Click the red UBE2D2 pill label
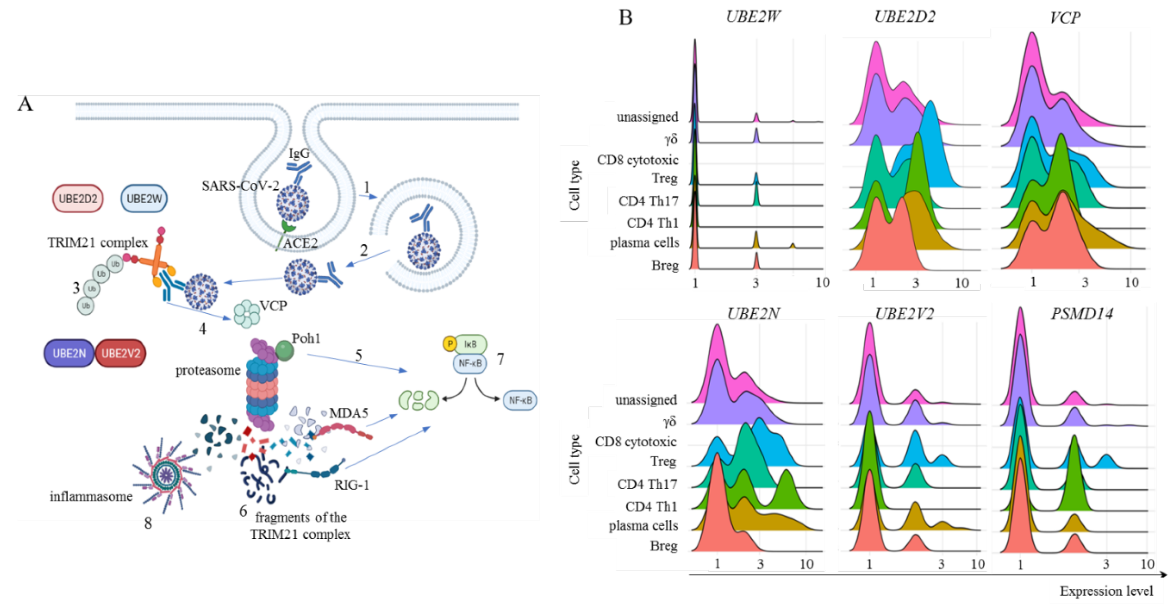[x=78, y=199]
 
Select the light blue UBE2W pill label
[x=144, y=199]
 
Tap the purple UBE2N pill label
[x=69, y=353]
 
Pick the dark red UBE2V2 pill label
[x=120, y=353]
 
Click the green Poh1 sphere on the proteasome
[x=285, y=351]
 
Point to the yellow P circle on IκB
[x=450, y=344]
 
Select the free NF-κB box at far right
[x=520, y=400]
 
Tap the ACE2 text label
[x=300, y=243]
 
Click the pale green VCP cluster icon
[x=247, y=314]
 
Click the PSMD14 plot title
[x=1082, y=314]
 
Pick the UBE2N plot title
[x=753, y=314]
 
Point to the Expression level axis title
[x=1106, y=591]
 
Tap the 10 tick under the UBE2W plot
[x=822, y=283]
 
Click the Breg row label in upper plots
[x=665, y=265]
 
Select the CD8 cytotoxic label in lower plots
[x=635, y=442]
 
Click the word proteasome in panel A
[x=208, y=370]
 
